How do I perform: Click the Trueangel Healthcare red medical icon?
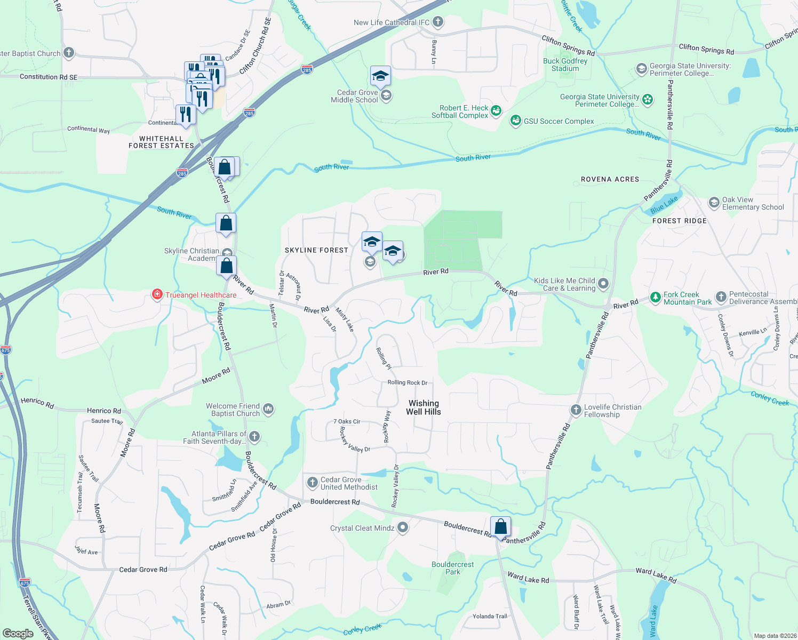(x=157, y=295)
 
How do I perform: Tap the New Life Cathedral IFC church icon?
(x=438, y=22)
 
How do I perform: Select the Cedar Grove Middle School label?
(x=354, y=96)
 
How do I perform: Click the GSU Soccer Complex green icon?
(x=515, y=121)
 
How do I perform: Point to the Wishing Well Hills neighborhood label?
(x=424, y=407)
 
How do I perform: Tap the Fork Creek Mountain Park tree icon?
(x=656, y=298)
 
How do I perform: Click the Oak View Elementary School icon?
(x=714, y=203)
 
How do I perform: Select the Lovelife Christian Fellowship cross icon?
(x=576, y=410)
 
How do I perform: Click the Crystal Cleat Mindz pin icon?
(x=403, y=527)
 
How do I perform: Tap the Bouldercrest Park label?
(x=452, y=568)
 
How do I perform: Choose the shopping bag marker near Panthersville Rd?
(x=500, y=527)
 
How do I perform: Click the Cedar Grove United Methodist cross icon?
(x=313, y=483)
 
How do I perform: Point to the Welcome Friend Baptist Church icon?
(x=268, y=409)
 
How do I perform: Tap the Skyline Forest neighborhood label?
(x=316, y=250)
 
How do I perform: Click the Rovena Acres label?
(x=610, y=179)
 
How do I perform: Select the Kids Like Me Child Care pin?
(x=603, y=284)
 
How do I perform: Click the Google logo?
(x=18, y=633)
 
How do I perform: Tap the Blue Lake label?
(x=664, y=204)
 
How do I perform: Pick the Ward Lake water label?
(x=653, y=621)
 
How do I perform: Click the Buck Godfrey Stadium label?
(x=565, y=65)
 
